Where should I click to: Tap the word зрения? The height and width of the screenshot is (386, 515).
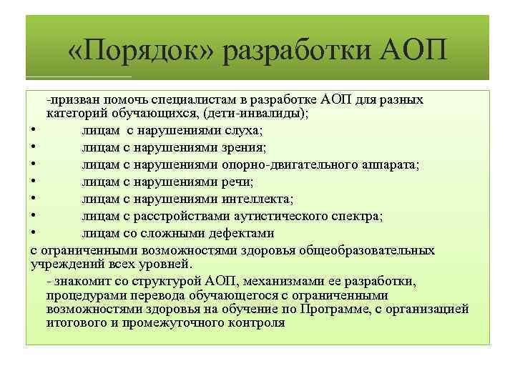tap(246, 147)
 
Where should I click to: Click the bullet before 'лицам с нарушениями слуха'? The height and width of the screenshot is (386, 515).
tap(34, 130)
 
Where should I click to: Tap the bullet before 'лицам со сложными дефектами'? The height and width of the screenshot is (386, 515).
tap(34, 233)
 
